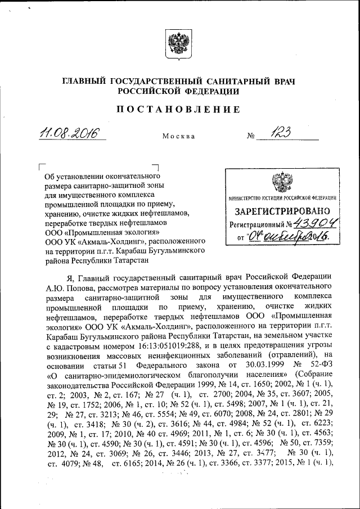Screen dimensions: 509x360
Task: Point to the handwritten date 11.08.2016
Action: coord(68,133)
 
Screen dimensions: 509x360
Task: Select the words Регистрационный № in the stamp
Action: coord(256,224)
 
